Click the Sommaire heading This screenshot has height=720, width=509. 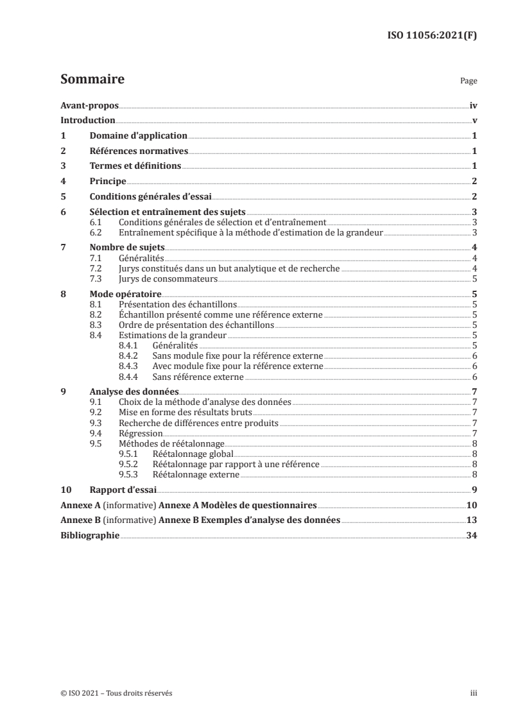pos(92,80)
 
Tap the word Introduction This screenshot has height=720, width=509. pos(87,121)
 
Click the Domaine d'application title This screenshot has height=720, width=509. pos(138,136)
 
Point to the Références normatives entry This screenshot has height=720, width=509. pos(139,151)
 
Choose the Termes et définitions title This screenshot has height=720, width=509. pos(135,166)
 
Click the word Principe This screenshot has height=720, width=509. pos(108,182)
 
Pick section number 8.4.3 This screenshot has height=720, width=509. pos(130,366)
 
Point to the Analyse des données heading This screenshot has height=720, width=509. pos(134,391)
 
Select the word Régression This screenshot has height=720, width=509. pos(141,433)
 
